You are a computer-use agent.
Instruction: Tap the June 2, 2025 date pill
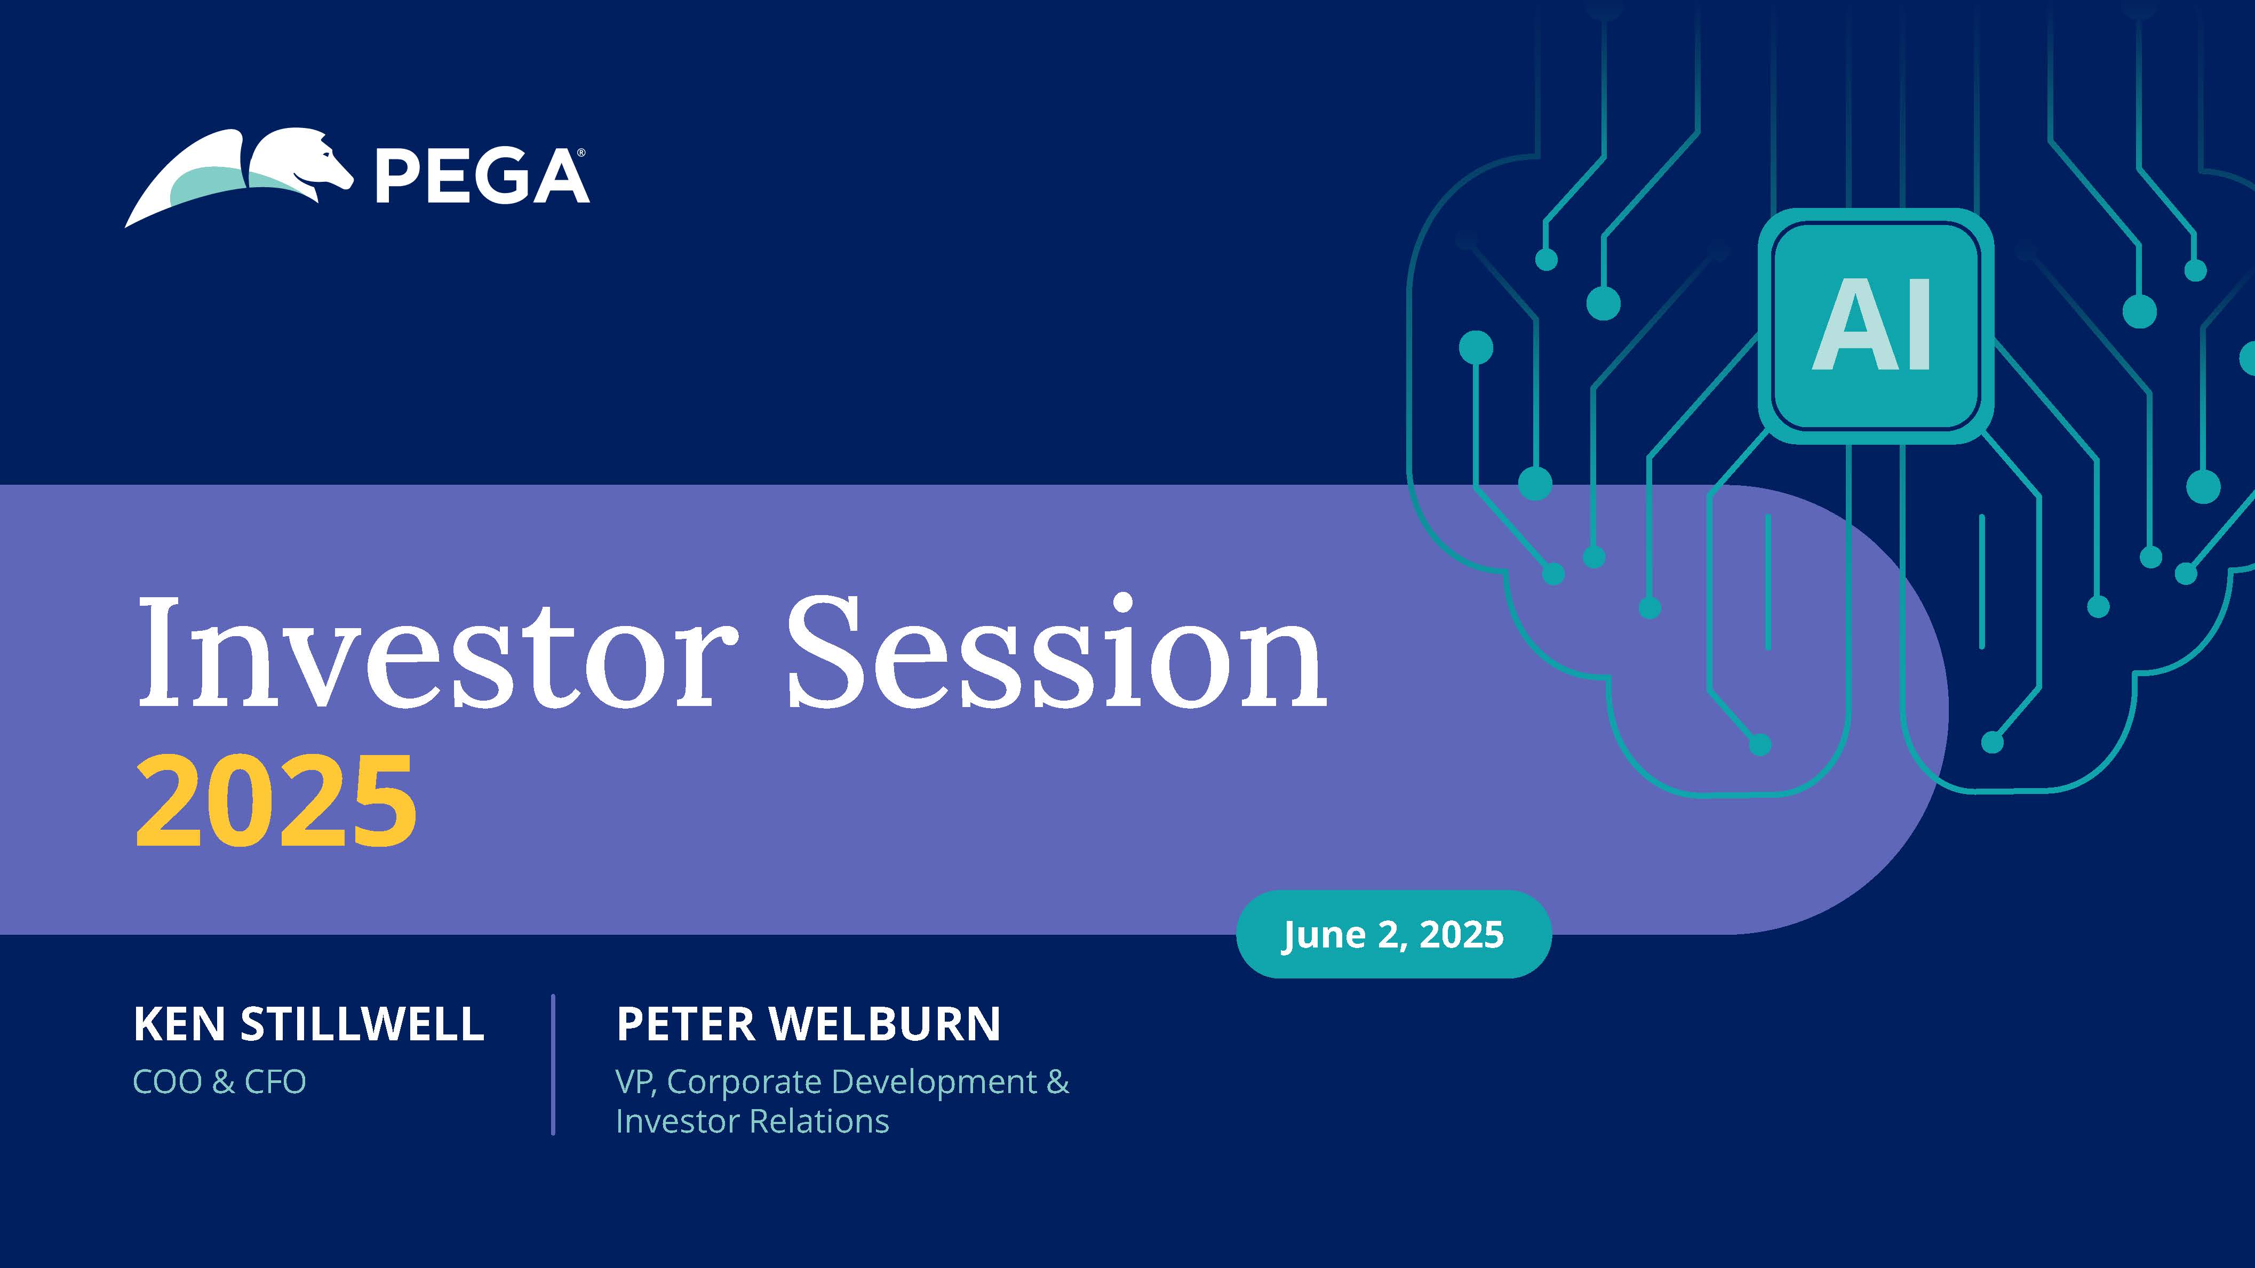[1393, 934]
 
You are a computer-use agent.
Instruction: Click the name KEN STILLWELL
[308, 1024]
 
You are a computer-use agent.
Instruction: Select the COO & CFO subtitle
[219, 1081]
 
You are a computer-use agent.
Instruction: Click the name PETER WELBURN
[808, 1024]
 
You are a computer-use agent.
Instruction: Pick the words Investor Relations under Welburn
[752, 1121]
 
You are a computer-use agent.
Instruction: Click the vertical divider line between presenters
[553, 1064]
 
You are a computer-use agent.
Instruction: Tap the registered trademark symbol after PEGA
[581, 153]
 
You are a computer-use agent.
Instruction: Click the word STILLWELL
[362, 1024]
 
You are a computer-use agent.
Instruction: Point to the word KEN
[179, 1024]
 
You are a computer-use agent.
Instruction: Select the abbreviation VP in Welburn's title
[635, 1081]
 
